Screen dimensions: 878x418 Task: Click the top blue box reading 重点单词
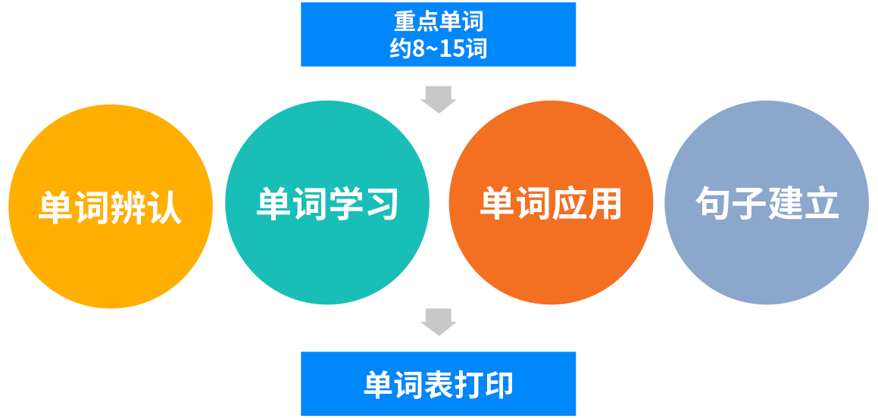pyautogui.click(x=438, y=34)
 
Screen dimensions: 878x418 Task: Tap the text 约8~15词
pyautogui.click(x=439, y=48)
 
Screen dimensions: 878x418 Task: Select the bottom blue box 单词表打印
pyautogui.click(x=438, y=383)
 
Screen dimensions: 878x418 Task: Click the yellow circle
pyautogui.click(x=111, y=207)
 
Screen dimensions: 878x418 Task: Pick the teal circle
pyautogui.click(x=327, y=203)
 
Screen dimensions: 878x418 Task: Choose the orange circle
pyautogui.click(x=551, y=203)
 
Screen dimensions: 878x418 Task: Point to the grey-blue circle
pyautogui.click(x=767, y=203)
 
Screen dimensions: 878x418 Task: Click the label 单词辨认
pyautogui.click(x=111, y=207)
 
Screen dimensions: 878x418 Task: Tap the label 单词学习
pyautogui.click(x=327, y=204)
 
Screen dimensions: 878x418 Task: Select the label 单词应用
pyautogui.click(x=551, y=204)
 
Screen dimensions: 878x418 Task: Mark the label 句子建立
pyautogui.click(x=767, y=203)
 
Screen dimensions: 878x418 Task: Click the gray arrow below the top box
pyautogui.click(x=439, y=100)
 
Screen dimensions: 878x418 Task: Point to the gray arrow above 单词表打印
pyautogui.click(x=439, y=323)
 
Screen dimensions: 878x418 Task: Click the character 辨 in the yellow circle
pyautogui.click(x=129, y=207)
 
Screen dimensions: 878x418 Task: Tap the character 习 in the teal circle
pyautogui.click(x=381, y=204)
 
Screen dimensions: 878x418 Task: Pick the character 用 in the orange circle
pyautogui.click(x=605, y=204)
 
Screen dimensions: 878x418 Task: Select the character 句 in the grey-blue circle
pyautogui.click(x=713, y=203)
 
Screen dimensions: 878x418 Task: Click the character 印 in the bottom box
pyautogui.click(x=498, y=384)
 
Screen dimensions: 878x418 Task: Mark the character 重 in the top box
pyautogui.click(x=405, y=22)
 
